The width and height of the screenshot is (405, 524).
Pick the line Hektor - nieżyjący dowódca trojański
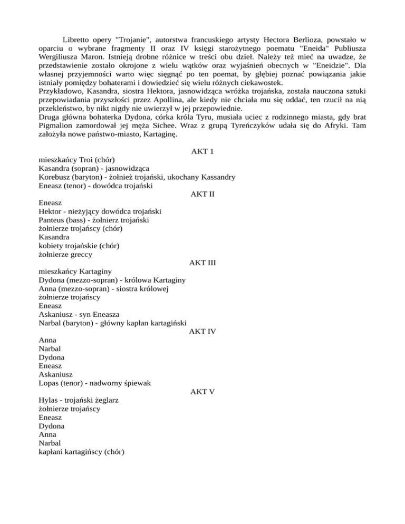coord(100,211)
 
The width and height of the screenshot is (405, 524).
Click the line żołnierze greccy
coord(65,254)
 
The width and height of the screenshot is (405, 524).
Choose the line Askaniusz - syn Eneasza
coord(80,314)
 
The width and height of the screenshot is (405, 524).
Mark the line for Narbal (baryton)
coord(113,323)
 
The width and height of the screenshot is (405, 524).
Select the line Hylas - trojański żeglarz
coord(79,400)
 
